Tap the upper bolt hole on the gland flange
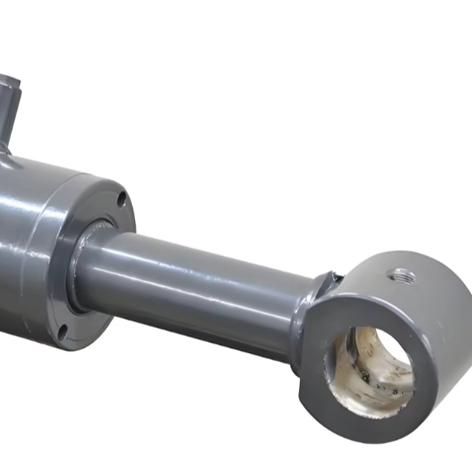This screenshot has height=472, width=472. [121, 198]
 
